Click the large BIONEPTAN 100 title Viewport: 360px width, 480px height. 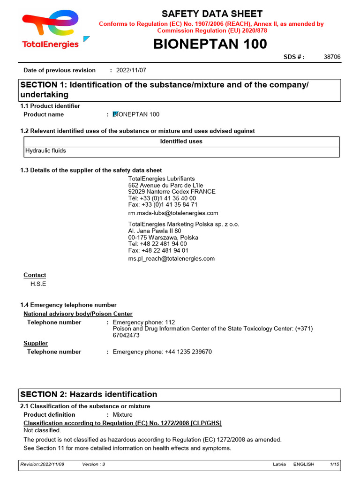pos(210,44)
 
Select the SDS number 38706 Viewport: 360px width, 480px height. pos(332,57)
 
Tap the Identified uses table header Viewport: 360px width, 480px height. pos(181,141)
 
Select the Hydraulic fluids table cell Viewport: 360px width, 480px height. pos(45,151)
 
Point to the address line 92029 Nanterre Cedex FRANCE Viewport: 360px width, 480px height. pos(172,192)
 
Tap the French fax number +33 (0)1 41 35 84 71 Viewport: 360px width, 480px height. pos(163,205)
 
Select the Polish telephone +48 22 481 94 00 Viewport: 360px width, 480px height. pos(157,244)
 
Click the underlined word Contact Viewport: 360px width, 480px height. pos(35,275)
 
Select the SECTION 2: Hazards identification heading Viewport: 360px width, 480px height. pos(88,394)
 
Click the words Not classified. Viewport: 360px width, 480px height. pos(42,430)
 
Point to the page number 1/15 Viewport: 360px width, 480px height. pos(334,464)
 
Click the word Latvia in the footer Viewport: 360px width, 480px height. pos(279,464)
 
